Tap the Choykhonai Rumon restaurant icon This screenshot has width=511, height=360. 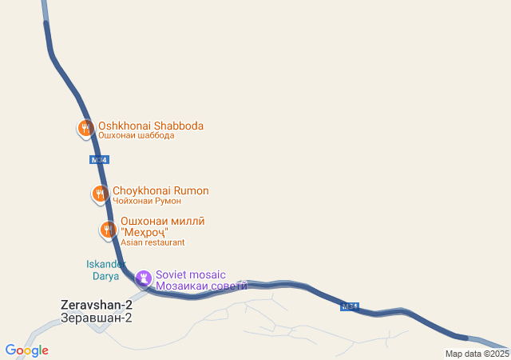pyautogui.click(x=100, y=194)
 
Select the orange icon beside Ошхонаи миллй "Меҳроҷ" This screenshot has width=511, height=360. pyautogui.click(x=108, y=230)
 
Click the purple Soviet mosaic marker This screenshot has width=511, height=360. pyautogui.click(x=144, y=278)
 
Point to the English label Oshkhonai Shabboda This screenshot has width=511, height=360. pyautogui.click(x=150, y=126)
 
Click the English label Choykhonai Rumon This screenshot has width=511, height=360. pyautogui.click(x=160, y=190)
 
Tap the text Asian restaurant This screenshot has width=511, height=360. pyautogui.click(x=153, y=242)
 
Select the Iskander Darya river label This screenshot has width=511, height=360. pyautogui.click(x=105, y=270)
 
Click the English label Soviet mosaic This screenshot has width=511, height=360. pyautogui.click(x=191, y=273)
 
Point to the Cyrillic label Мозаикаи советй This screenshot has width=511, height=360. pyautogui.click(x=201, y=284)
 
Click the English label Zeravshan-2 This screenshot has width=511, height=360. pyautogui.click(x=96, y=305)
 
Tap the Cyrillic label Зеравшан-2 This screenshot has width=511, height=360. pyautogui.click(x=96, y=318)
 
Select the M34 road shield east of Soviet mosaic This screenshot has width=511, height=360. pyautogui.click(x=350, y=306)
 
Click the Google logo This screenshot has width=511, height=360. pyautogui.click(x=26, y=350)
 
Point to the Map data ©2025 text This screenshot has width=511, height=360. pyautogui.click(x=477, y=354)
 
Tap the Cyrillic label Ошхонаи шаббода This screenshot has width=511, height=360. pyautogui.click(x=136, y=136)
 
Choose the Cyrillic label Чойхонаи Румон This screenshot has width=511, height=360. pyautogui.click(x=147, y=201)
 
